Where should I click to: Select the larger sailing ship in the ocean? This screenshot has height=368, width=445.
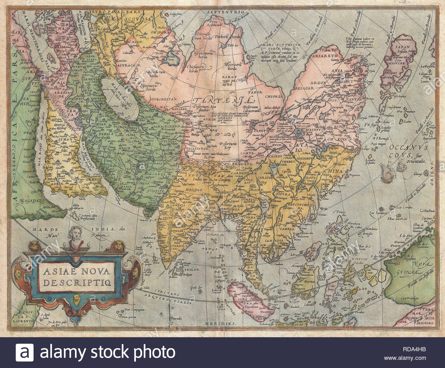(x=389, y=173)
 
